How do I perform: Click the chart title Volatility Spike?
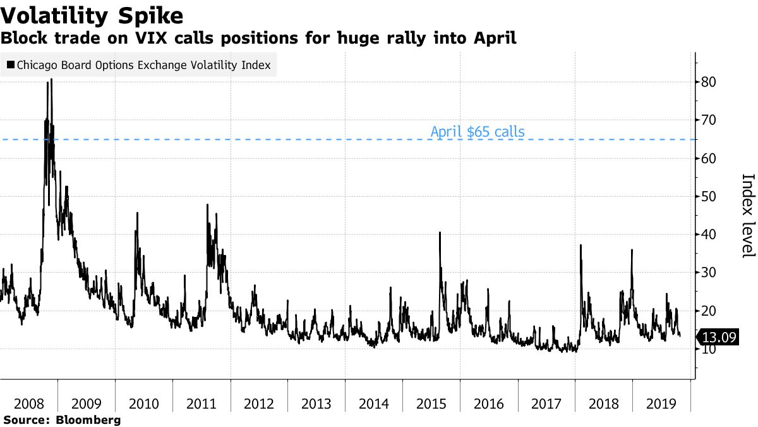tap(93, 15)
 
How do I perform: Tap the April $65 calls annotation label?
tap(477, 132)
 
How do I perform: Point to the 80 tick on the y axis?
tap(709, 82)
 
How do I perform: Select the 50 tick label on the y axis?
tap(709, 197)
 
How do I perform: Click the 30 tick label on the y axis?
tap(709, 273)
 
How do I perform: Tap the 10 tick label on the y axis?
tap(709, 349)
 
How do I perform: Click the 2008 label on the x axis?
tap(28, 404)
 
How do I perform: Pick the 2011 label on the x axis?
tap(202, 404)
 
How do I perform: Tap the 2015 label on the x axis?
tap(431, 404)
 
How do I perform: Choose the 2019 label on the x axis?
tap(661, 404)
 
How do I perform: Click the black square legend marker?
tap(10, 65)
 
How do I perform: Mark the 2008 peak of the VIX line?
tap(51, 79)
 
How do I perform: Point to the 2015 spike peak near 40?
tap(440, 233)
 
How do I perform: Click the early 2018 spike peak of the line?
tap(581, 245)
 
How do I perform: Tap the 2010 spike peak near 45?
tap(138, 213)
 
